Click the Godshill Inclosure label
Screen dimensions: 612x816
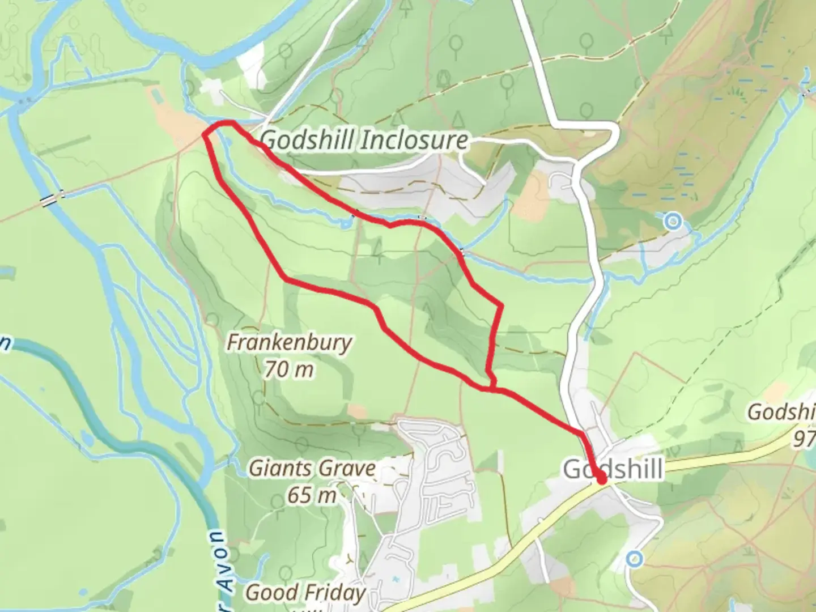(365, 140)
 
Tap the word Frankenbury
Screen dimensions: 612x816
(289, 343)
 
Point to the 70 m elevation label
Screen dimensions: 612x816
(289, 370)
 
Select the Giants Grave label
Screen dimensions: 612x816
(312, 469)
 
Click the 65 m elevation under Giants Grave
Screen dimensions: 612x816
(312, 495)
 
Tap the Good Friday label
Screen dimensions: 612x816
(305, 593)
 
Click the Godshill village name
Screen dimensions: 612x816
(613, 470)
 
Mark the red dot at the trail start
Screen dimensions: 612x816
(601, 479)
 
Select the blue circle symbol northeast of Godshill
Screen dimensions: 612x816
(673, 221)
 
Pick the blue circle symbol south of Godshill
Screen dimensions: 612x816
(635, 560)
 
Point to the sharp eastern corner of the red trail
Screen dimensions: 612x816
(501, 306)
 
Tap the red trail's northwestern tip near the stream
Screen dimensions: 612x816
(205, 133)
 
